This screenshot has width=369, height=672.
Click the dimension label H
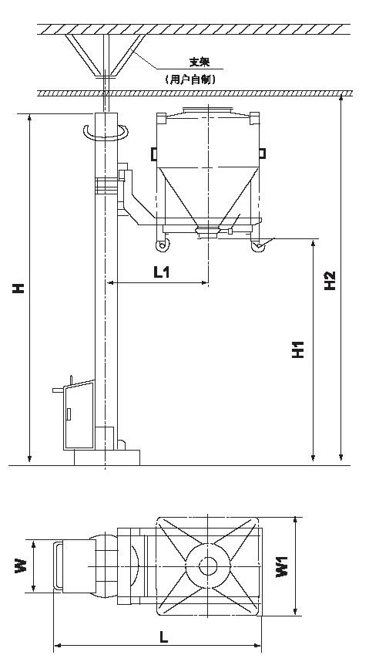tap(18, 288)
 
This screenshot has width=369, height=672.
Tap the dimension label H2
tap(330, 281)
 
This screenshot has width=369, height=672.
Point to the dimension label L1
tap(161, 272)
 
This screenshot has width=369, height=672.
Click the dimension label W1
tap(282, 566)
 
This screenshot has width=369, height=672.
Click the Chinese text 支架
tap(200, 62)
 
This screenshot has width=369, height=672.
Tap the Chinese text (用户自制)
tap(190, 79)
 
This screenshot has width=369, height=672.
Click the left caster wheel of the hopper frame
tap(163, 245)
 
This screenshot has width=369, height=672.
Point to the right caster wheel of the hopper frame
tap(257, 245)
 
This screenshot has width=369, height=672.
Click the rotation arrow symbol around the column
tap(106, 133)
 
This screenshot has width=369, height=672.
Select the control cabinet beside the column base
tap(79, 415)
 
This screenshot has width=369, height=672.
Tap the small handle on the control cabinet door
tap(69, 414)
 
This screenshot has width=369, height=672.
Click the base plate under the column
tap(107, 458)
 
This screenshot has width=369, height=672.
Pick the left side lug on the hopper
tap(154, 154)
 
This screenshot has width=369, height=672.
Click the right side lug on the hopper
tap(263, 154)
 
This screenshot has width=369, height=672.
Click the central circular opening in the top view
tap(208, 566)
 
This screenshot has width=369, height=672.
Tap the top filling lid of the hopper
tap(208, 110)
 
